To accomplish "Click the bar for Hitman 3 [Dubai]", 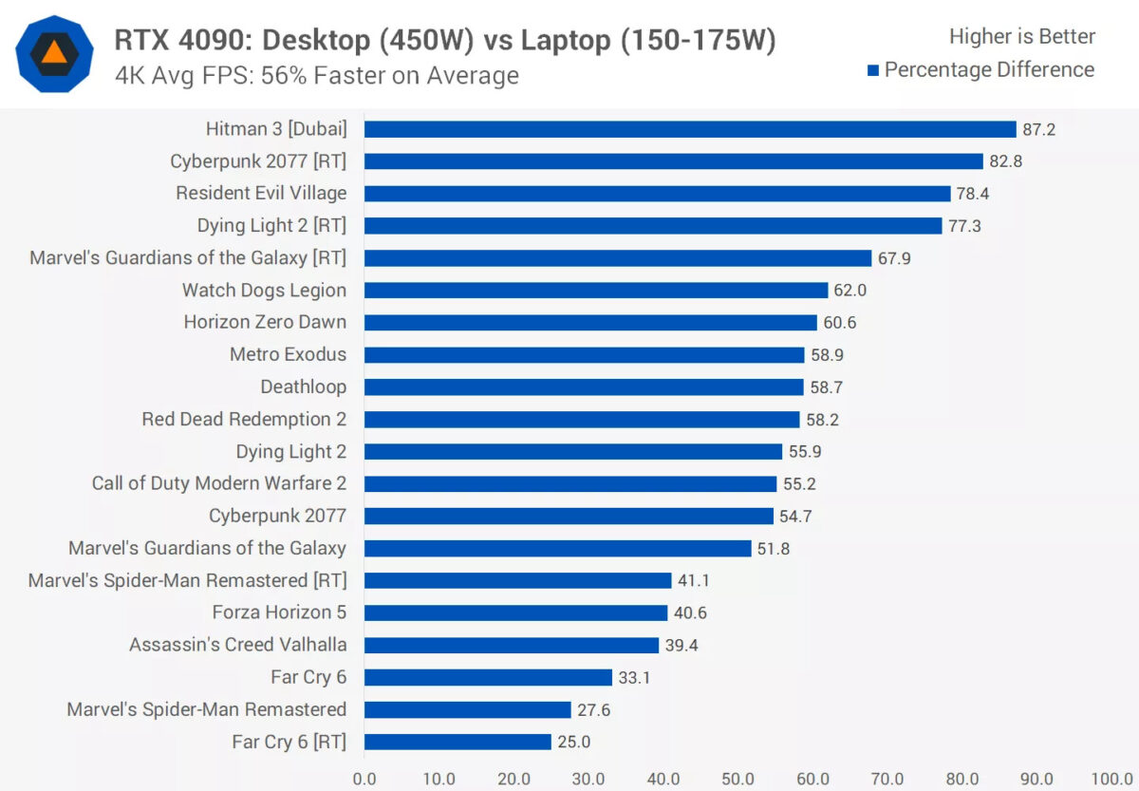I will [x=690, y=129].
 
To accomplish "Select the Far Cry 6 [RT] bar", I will [x=457, y=742].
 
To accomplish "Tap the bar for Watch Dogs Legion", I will [x=596, y=291].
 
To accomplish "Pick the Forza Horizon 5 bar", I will [x=516, y=612].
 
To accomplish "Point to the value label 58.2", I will [x=822, y=420].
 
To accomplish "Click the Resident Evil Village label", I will [x=261, y=194].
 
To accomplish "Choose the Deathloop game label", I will [x=304, y=387].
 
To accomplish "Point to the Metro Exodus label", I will [x=289, y=355].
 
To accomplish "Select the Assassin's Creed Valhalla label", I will [x=238, y=645].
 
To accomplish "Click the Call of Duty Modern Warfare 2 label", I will [x=219, y=483].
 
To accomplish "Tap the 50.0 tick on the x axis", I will [x=738, y=779].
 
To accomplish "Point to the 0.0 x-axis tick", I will [x=364, y=779].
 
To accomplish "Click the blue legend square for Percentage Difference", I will [x=873, y=70].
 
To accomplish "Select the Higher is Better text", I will [x=1022, y=37].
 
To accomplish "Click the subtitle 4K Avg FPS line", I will [x=317, y=75].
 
